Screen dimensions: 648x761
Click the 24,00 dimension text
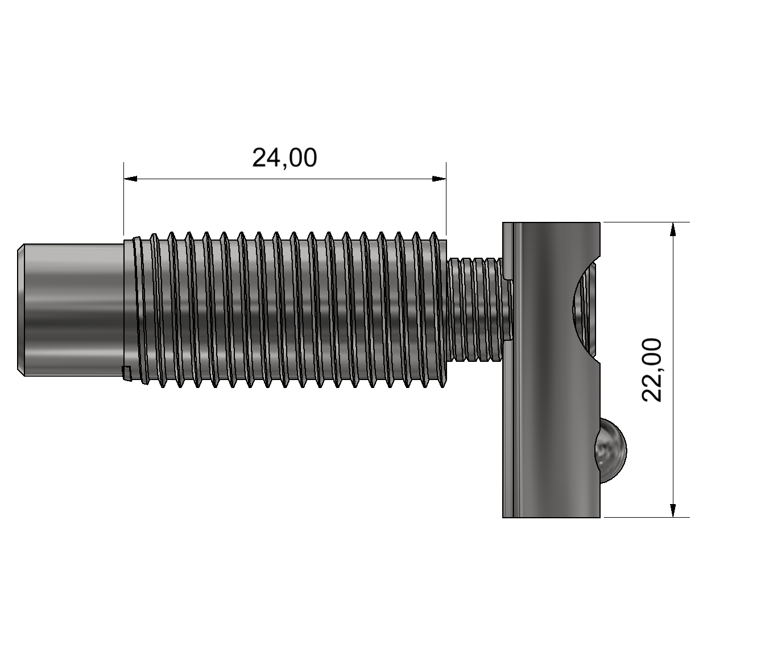click(x=284, y=158)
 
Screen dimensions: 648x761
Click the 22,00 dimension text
click(x=652, y=370)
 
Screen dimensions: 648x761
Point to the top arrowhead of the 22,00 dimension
click(x=673, y=229)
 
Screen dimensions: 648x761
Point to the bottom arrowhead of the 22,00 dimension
click(x=673, y=510)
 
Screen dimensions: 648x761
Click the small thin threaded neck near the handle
click(x=475, y=309)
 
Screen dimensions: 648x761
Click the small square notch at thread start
click(x=127, y=373)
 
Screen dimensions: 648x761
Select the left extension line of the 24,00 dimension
click(x=123, y=199)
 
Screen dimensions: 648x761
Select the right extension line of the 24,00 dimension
click(x=446, y=199)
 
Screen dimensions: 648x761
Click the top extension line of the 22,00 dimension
click(x=646, y=222)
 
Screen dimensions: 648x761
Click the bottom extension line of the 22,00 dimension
click(x=646, y=517)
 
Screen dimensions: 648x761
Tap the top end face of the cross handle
click(x=551, y=223)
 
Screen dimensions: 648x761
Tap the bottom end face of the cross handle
click(x=551, y=517)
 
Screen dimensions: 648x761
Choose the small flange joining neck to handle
click(x=508, y=309)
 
